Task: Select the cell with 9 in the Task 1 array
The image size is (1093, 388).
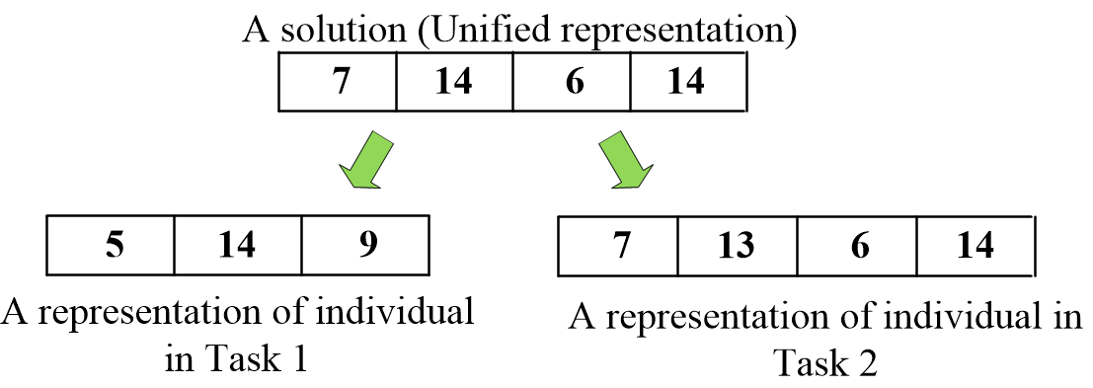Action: pos(365,244)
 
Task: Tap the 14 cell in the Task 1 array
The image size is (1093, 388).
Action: pos(237,244)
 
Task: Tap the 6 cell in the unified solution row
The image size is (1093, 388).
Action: pos(572,82)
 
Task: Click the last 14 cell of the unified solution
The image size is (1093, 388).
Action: pos(687,82)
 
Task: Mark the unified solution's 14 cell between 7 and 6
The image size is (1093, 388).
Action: pos(454,82)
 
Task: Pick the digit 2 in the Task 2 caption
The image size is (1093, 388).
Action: pos(866,363)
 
